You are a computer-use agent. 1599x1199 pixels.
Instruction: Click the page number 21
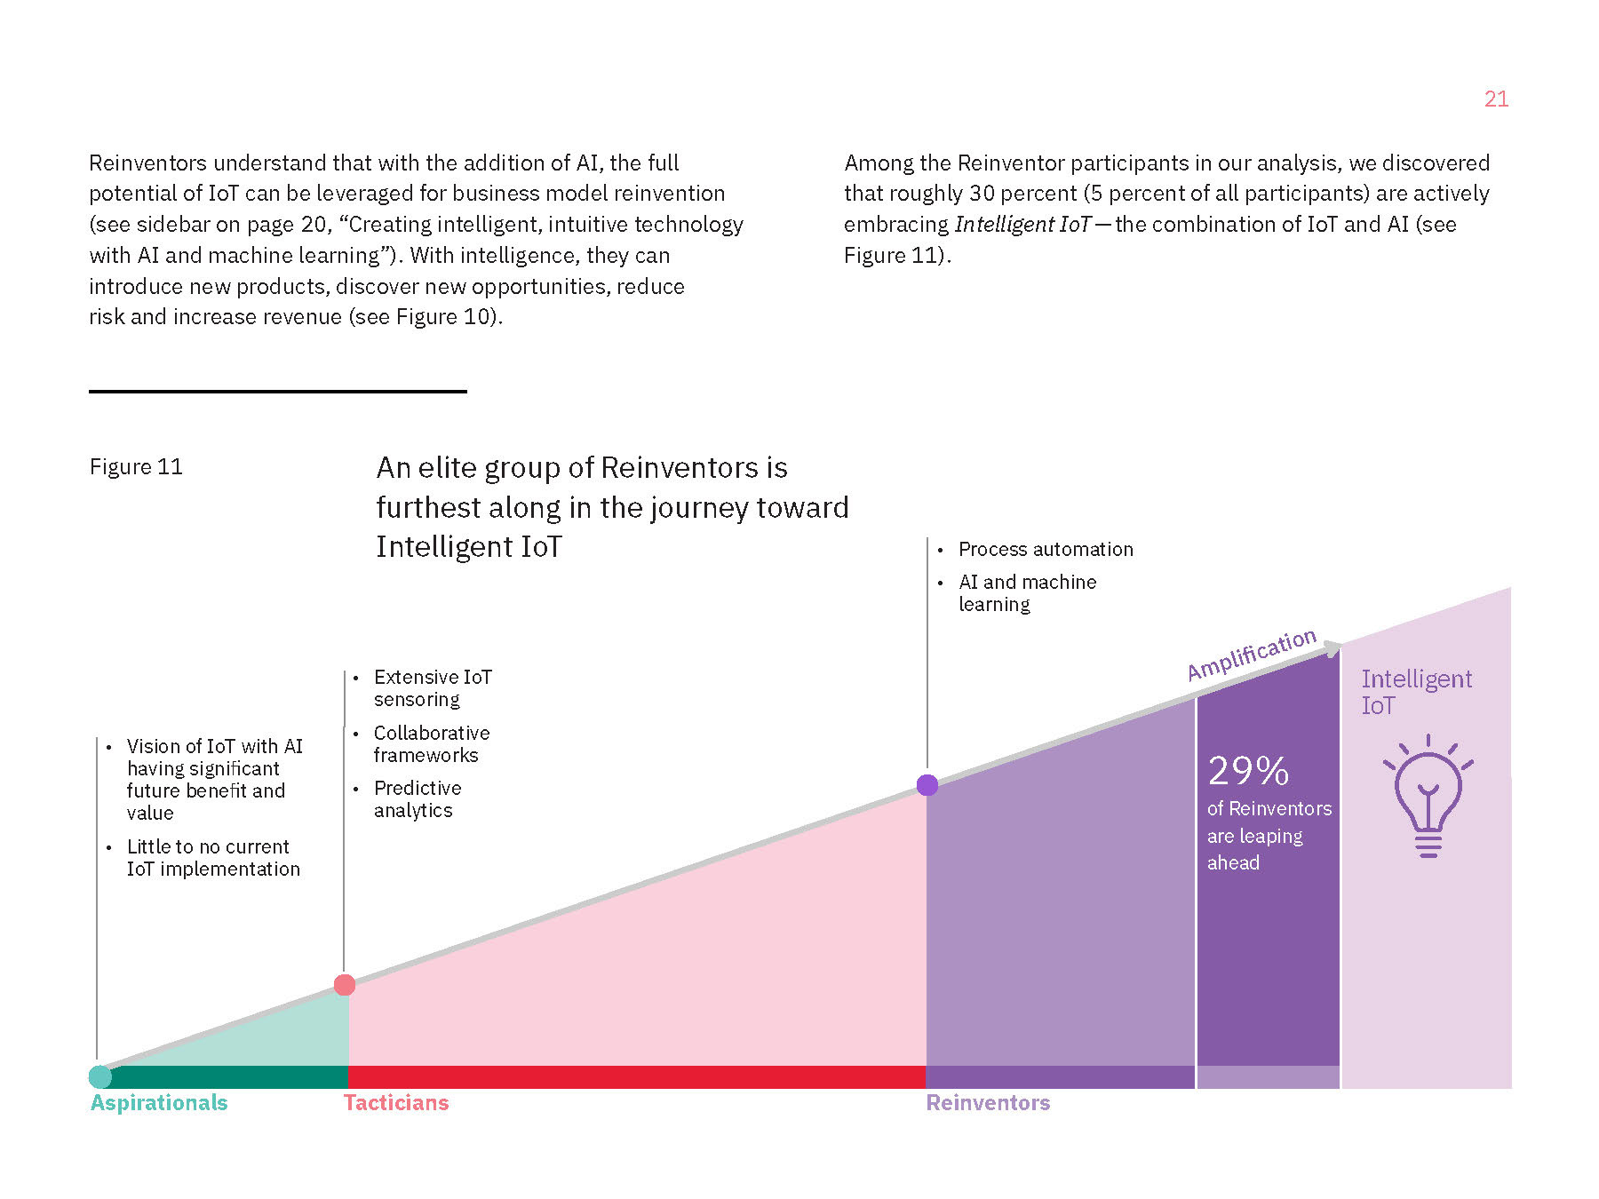pos(1496,99)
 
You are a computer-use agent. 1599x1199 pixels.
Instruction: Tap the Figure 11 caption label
pos(136,467)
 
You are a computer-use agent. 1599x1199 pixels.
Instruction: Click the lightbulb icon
pos(1428,795)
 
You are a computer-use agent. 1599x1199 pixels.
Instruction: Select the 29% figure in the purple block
pos(1248,771)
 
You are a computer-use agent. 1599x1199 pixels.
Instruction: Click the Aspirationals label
pos(159,1103)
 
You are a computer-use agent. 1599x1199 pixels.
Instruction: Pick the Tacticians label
pos(396,1103)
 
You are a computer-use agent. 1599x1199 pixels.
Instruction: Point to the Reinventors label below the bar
pos(988,1103)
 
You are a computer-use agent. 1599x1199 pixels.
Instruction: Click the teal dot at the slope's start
pos(100,1076)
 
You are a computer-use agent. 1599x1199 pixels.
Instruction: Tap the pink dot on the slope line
pos(345,985)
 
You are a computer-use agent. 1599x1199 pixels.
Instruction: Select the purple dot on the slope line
pos(927,785)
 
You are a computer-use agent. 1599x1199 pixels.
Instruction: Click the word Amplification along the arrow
pos(1251,655)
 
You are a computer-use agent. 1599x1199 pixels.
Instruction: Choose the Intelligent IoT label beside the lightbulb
pos(1416,692)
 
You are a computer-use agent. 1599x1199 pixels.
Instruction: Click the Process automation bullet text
pos(1046,550)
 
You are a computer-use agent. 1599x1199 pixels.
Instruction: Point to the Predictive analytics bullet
pos(417,799)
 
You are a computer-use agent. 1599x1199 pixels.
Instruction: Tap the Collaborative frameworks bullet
pos(431,744)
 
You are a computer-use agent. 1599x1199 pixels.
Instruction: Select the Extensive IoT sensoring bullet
pos(432,688)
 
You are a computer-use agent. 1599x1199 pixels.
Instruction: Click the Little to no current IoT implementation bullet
pos(212,858)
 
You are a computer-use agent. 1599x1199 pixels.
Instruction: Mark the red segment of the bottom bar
pos(636,1076)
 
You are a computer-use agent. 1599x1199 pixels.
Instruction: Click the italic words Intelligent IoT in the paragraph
pos(1022,225)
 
